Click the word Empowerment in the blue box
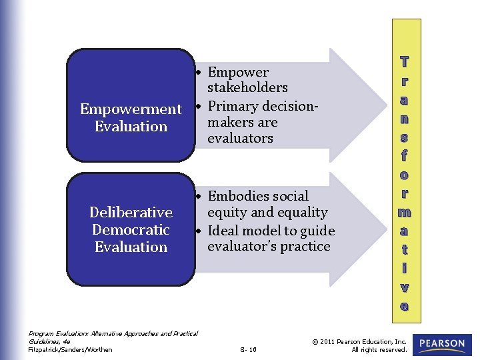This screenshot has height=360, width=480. tap(131, 109)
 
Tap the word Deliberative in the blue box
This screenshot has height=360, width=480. tap(131, 213)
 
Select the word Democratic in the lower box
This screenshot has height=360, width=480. tap(131, 230)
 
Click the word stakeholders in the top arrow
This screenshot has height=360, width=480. tap(247, 87)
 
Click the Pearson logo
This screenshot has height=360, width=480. tap(442, 344)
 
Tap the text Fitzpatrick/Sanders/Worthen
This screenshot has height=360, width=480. tap(70, 349)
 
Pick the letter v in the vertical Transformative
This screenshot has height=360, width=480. tap(404, 288)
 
